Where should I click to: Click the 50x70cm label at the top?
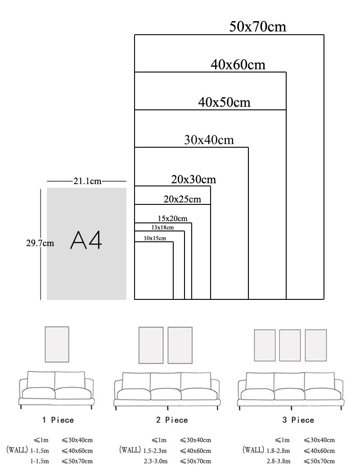pos(257,27)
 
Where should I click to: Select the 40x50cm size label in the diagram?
pos(224,102)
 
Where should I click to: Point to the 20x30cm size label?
pos(193,179)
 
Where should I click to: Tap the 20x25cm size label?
pos(182,199)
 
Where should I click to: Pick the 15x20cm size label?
pos(172,218)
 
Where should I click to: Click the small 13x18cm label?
pos(162,227)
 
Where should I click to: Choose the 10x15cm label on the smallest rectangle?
pos(155,238)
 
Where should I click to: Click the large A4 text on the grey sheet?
pos(86,241)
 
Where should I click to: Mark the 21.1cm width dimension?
pos(87,181)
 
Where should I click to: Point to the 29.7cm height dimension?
pos(40,243)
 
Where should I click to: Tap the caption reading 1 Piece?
pos(58,420)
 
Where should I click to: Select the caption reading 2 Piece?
pos(172,420)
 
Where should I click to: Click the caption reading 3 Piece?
pos(298,420)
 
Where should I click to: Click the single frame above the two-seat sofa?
pos(57,344)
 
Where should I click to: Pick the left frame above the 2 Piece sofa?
pos(151,345)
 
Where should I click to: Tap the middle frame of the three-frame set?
pos(290,345)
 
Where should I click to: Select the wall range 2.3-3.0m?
pos(156,461)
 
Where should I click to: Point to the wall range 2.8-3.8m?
pos(279,461)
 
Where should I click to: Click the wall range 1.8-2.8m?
pos(279,450)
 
